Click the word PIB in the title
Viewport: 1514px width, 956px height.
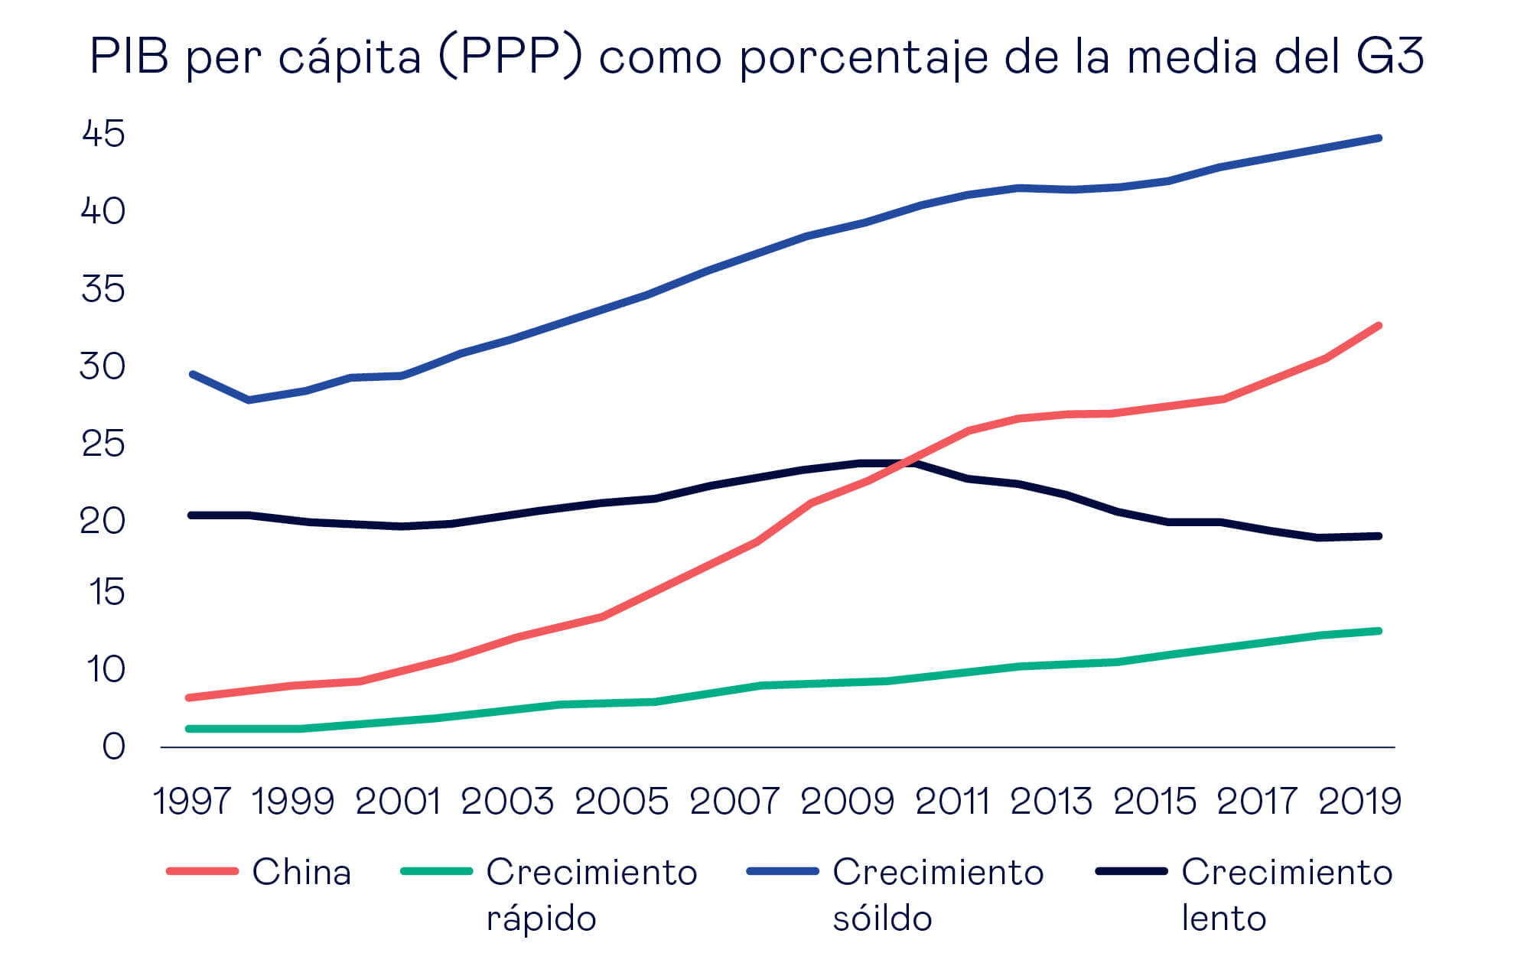(129, 56)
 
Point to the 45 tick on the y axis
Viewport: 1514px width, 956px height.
(103, 134)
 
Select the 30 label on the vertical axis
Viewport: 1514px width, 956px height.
(103, 367)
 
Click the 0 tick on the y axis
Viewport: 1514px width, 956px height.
(113, 746)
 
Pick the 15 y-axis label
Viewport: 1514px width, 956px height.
(106, 592)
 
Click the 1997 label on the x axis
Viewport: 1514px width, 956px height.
(191, 802)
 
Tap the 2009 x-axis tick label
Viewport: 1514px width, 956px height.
(847, 802)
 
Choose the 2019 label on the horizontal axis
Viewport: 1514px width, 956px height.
(1359, 802)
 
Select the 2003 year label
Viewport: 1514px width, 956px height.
(507, 802)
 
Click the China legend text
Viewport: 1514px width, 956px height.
(301, 872)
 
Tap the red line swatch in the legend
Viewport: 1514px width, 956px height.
(202, 871)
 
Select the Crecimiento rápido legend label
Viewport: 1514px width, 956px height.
(591, 894)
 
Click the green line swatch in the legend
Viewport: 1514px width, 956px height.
(436, 871)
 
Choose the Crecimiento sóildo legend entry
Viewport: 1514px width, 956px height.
(937, 894)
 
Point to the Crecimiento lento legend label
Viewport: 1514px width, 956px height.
(1286, 894)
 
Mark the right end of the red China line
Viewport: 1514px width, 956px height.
(1379, 326)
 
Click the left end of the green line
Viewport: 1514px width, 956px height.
(189, 729)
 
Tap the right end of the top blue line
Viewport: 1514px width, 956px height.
(1379, 138)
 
